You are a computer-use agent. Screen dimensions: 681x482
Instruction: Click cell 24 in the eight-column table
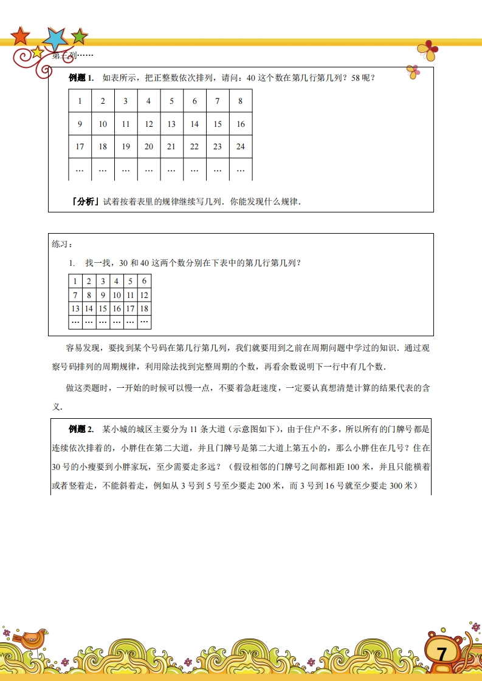pos(241,146)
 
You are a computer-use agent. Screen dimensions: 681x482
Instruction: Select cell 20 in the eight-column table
pos(149,146)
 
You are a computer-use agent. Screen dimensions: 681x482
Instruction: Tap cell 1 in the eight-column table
pos(80,101)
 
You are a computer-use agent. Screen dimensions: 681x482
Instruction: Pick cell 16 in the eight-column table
pos(241,124)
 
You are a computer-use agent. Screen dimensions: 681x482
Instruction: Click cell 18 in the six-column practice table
pos(144,308)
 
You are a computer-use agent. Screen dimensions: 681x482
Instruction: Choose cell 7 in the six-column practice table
pos(75,295)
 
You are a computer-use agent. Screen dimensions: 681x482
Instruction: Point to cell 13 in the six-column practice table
pos(75,308)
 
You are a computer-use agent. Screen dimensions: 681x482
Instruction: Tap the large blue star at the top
pos(57,39)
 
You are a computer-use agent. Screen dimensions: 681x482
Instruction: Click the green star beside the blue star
pos(80,36)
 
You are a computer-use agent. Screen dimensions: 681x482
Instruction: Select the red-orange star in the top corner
pos(20,36)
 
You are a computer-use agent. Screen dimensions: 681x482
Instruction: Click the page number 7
pos(442,654)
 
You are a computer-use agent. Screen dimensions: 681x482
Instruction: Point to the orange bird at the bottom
pos(32,638)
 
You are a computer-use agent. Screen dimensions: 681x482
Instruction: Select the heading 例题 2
pos(81,430)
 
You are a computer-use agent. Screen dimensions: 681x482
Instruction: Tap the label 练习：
pos(62,244)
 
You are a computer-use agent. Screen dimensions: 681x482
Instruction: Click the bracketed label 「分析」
pos(85,202)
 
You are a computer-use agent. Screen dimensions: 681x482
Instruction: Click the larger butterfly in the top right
pos(429,51)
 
